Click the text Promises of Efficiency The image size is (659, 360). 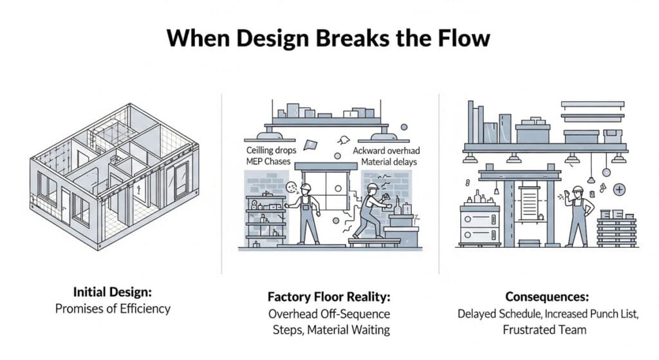point(113,308)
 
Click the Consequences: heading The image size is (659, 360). point(548,297)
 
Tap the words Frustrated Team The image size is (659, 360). point(548,330)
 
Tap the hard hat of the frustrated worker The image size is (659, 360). point(578,189)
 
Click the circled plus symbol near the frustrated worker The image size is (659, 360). point(619,189)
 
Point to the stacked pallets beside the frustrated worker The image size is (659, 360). point(617,229)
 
